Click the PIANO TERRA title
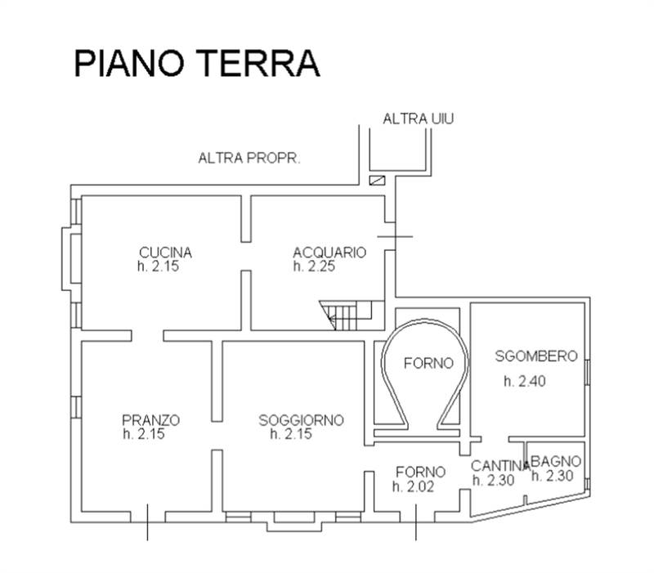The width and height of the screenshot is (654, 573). pyautogui.click(x=196, y=63)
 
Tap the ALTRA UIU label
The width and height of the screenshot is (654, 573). pyautogui.click(x=418, y=119)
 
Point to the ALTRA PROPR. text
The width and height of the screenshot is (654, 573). pyautogui.click(x=249, y=158)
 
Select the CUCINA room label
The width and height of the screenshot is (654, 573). pyautogui.click(x=165, y=252)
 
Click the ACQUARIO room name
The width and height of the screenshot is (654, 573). pyautogui.click(x=329, y=253)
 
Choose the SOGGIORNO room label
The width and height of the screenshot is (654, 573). pyautogui.click(x=301, y=420)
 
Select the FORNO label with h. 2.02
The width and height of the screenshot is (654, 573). pyautogui.click(x=420, y=472)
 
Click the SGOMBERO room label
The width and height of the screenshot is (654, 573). pyautogui.click(x=536, y=356)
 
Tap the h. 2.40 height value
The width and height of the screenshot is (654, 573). pyautogui.click(x=522, y=380)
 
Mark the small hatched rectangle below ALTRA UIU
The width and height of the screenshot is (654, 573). pyautogui.click(x=377, y=181)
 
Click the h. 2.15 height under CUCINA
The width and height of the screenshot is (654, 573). pyautogui.click(x=157, y=266)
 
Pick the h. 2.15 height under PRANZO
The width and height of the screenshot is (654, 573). pyautogui.click(x=144, y=434)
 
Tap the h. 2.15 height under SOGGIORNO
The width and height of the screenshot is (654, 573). pyautogui.click(x=291, y=434)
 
